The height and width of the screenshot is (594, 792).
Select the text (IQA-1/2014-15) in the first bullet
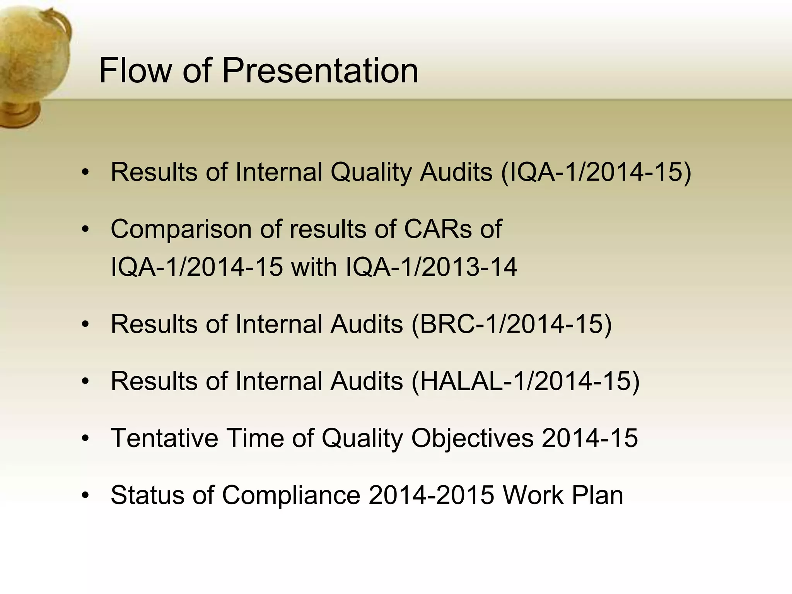[596, 172]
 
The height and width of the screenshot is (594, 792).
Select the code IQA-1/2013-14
[431, 267]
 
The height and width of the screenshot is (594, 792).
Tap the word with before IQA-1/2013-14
[314, 267]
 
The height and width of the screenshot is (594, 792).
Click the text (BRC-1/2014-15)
[512, 324]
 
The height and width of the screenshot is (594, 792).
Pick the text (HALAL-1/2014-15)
[526, 381]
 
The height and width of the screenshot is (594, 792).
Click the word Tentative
[164, 438]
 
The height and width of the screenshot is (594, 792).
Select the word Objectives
[472, 439]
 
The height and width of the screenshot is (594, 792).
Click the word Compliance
[291, 495]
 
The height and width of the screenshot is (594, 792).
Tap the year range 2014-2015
[431, 495]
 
